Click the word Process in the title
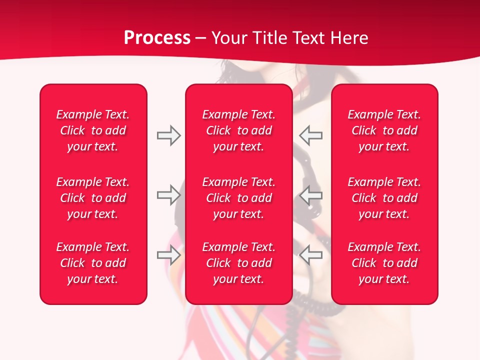point(157,38)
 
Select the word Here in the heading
point(349,38)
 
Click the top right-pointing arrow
point(168,135)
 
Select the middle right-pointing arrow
point(168,195)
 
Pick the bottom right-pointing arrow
point(168,255)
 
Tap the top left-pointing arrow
point(310,135)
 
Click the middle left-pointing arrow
point(310,195)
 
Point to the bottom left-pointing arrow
point(310,255)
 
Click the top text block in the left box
point(93,130)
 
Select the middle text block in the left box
point(93,198)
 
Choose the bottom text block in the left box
point(93,263)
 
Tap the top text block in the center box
point(238,130)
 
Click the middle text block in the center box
point(238,198)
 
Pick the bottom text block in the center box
point(238,263)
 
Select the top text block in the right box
point(384,130)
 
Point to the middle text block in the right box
point(384,198)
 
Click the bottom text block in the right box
point(384,263)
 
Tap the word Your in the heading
point(229,38)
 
